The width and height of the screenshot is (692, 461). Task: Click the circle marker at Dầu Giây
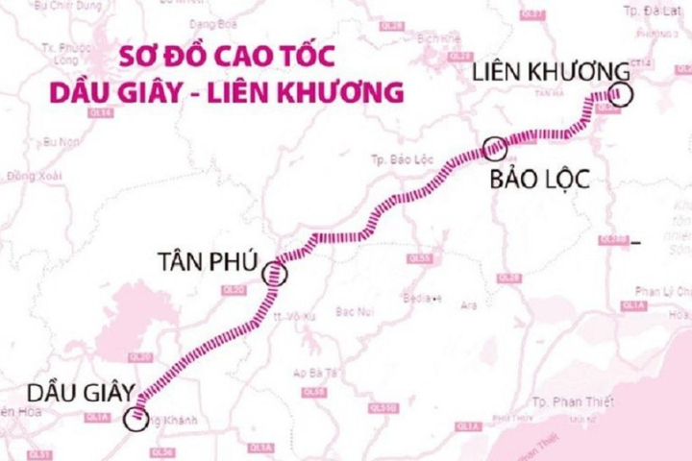(x=136, y=418)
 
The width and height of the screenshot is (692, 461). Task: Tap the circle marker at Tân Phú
(x=277, y=273)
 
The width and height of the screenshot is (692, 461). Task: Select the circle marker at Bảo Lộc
(x=494, y=148)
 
